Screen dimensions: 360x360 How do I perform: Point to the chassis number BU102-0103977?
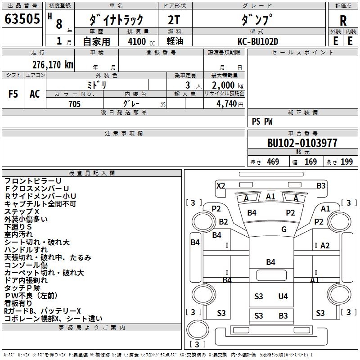[x=302, y=143]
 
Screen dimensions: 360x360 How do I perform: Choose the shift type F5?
[x=13, y=94]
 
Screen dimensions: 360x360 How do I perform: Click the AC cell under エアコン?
[x=35, y=94]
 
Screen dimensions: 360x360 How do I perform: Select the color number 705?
[x=75, y=104]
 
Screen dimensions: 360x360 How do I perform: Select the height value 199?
[x=346, y=162]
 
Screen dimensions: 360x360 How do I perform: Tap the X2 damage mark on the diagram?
[x=220, y=185]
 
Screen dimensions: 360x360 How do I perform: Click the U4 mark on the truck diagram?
[x=283, y=296]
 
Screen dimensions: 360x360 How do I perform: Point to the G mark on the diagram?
[x=283, y=229]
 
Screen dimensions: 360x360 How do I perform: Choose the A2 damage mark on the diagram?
[x=325, y=245]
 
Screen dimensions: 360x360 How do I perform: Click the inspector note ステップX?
[x=22, y=211]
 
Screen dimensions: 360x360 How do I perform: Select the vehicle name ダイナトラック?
[x=116, y=20]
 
